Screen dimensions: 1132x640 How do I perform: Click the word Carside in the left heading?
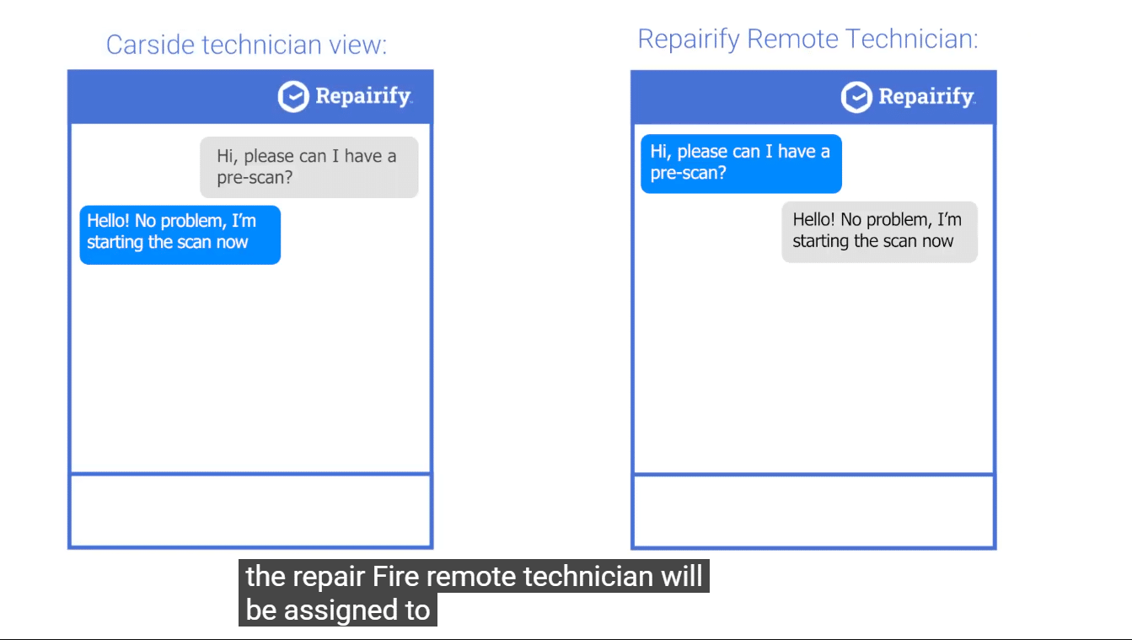[151, 45]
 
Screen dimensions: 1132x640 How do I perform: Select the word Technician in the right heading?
[912, 39]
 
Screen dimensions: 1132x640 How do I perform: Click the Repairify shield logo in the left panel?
[293, 96]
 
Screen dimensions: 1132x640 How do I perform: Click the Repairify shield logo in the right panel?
[856, 97]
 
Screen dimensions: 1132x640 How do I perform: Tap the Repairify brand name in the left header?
[363, 96]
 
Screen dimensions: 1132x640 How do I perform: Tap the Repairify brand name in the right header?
[927, 97]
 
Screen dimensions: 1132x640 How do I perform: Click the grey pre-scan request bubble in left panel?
[309, 167]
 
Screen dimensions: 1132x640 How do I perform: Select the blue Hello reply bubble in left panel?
[180, 234]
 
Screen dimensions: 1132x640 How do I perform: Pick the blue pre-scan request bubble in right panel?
[742, 164]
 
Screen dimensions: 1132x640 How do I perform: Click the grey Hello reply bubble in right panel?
[880, 232]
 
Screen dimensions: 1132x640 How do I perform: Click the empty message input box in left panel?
[250, 511]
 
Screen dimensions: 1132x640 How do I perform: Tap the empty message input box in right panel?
[813, 511]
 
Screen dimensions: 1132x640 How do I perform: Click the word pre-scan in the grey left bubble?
[255, 178]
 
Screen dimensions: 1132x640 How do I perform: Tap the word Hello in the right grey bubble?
[814, 220]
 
